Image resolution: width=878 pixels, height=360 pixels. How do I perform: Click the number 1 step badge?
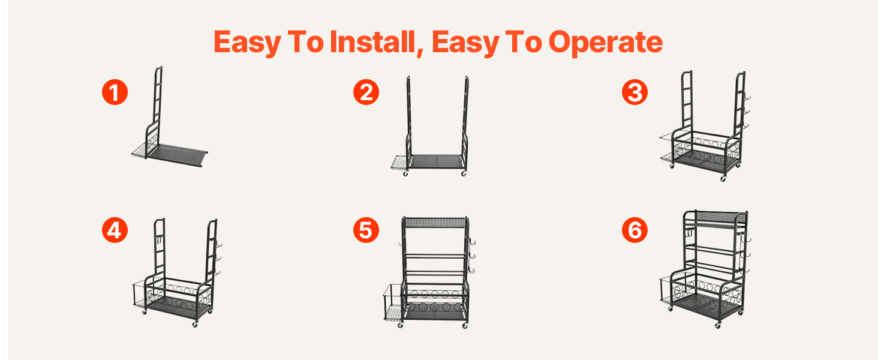[x=115, y=92]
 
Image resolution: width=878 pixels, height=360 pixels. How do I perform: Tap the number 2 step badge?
[x=366, y=92]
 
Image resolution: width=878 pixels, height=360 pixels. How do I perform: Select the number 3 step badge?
[x=635, y=92]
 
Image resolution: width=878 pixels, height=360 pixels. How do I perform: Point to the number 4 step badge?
[x=115, y=230]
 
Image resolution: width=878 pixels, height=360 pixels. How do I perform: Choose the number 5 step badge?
[x=366, y=230]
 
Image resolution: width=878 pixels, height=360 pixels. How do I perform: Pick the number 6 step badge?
[x=635, y=230]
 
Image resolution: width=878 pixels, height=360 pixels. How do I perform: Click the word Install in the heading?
[x=372, y=42]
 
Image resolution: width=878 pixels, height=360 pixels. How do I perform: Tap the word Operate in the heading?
[x=606, y=42]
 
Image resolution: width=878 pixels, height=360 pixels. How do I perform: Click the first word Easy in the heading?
[x=248, y=43]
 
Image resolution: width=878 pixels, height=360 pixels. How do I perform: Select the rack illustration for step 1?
[x=169, y=117]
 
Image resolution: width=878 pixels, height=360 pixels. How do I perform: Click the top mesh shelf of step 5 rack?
[x=434, y=223]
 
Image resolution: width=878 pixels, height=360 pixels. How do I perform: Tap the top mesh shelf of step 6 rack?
[x=715, y=217]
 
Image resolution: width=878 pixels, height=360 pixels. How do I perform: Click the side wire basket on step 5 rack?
[x=393, y=303]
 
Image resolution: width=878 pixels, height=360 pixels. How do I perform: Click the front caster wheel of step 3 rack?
[x=723, y=178]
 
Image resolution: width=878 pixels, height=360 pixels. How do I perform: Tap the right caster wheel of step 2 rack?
[x=464, y=173]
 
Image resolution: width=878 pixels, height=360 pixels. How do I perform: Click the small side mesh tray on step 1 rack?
[x=139, y=151]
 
